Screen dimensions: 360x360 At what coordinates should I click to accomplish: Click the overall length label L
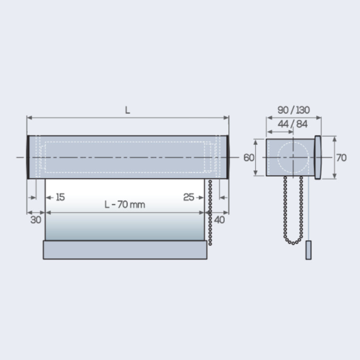click(x=127, y=110)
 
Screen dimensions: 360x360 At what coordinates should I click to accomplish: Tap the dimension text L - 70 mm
click(x=125, y=205)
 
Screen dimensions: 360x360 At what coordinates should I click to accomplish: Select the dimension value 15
click(x=60, y=197)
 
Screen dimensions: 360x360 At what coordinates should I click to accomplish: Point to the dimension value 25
click(x=189, y=197)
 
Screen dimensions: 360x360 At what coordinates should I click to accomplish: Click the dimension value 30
click(x=36, y=220)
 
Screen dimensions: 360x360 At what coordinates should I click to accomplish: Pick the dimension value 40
click(x=220, y=220)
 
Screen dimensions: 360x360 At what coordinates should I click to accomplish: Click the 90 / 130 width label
click(x=294, y=110)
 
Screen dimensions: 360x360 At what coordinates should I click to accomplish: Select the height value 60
click(x=249, y=158)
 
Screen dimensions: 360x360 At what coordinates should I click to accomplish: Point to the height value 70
click(x=341, y=158)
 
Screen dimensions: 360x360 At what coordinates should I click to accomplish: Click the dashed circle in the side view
click(x=293, y=157)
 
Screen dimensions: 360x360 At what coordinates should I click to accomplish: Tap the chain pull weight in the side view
click(x=308, y=250)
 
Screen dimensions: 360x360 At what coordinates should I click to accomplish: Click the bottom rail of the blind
click(x=125, y=250)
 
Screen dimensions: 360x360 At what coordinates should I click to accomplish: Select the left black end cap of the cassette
click(x=28, y=157)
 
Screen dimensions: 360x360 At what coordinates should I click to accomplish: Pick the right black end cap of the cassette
click(x=228, y=157)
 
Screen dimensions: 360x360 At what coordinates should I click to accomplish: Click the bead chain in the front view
click(x=210, y=212)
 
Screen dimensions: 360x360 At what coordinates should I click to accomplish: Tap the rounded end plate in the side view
click(x=318, y=157)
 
